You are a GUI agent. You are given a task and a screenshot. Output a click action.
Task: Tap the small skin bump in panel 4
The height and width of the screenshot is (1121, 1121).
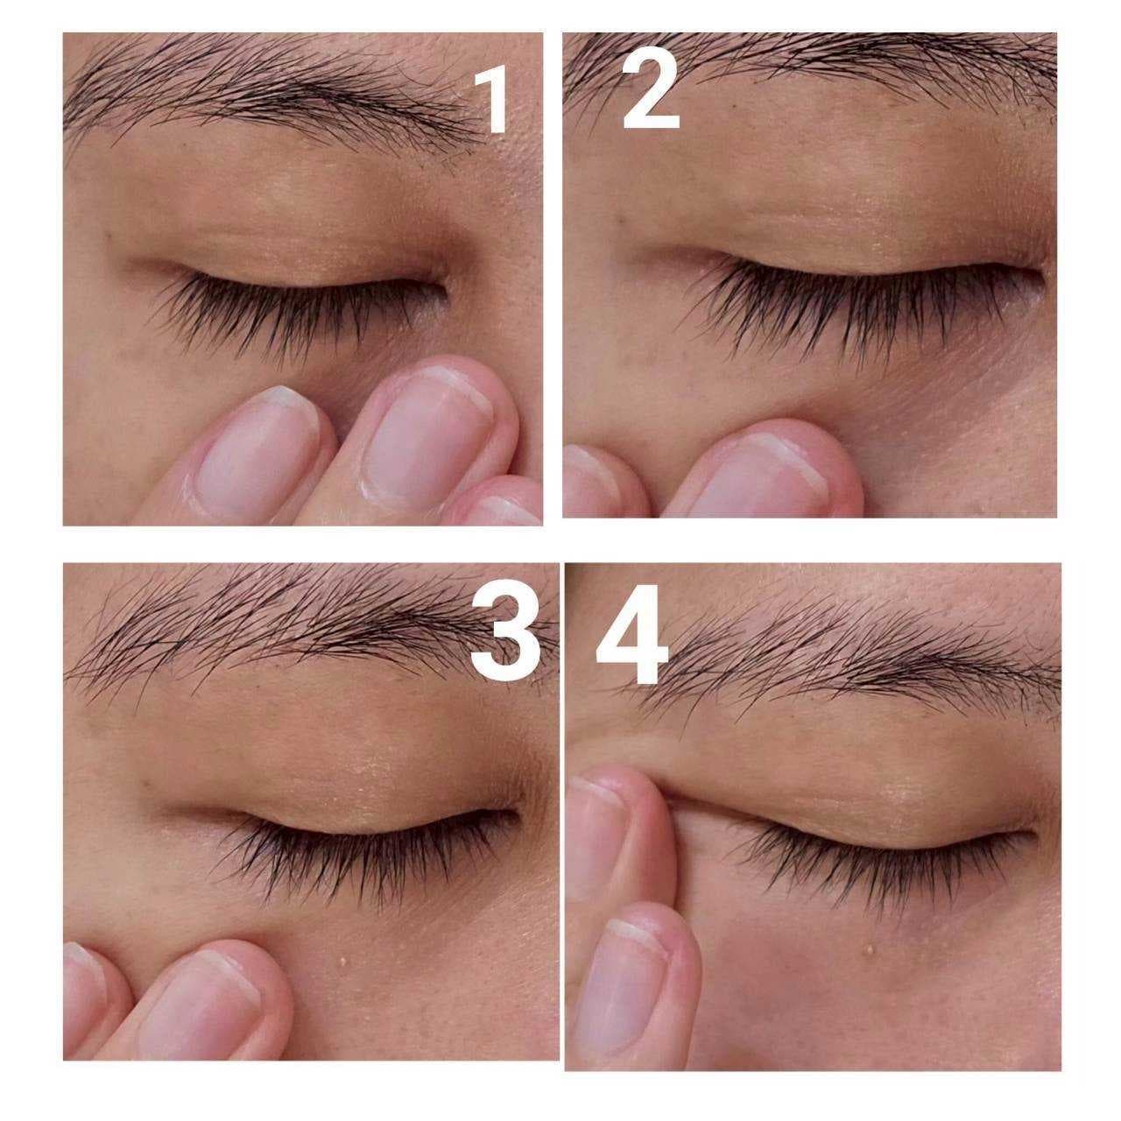point(871,949)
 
